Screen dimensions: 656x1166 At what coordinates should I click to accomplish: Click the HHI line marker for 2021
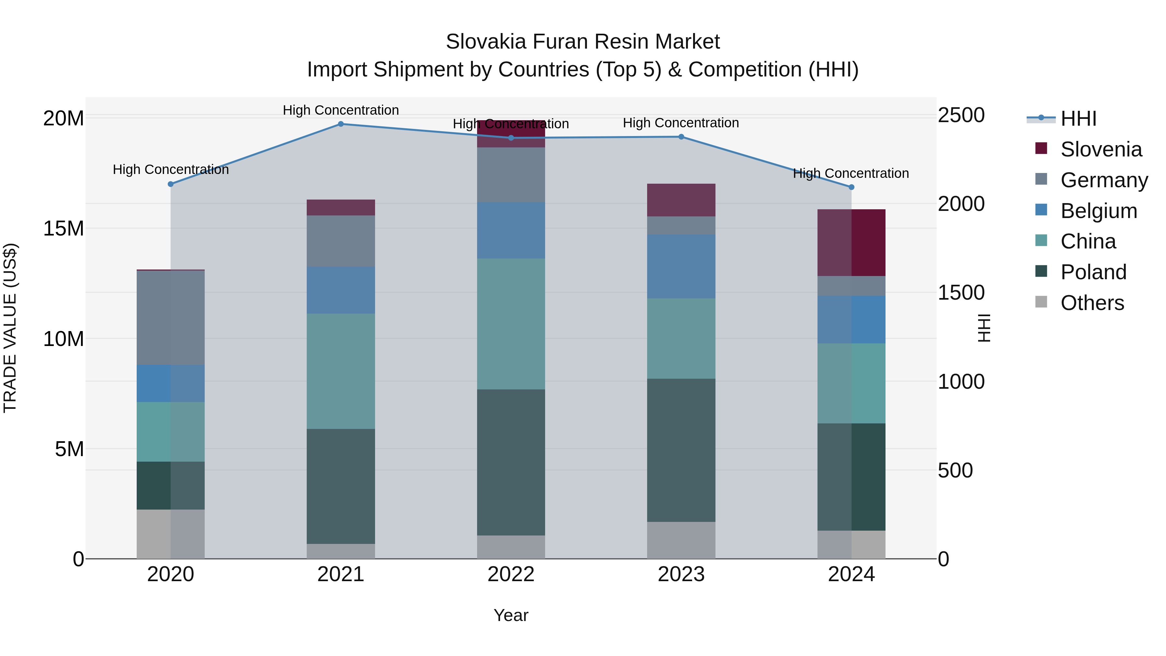pos(341,124)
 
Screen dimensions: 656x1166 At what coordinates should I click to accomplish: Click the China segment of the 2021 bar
pos(341,371)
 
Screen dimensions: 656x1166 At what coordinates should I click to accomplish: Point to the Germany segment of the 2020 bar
pos(171,317)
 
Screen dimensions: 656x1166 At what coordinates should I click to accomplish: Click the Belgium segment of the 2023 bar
pos(681,266)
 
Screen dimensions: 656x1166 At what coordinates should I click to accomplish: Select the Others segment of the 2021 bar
pos(341,551)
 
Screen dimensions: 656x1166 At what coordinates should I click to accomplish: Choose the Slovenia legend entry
pos(1101,149)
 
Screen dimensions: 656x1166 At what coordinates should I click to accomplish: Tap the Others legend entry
pos(1092,303)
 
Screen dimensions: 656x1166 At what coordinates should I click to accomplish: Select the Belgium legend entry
pos(1099,211)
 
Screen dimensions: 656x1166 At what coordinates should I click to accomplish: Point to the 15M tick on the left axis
pos(63,229)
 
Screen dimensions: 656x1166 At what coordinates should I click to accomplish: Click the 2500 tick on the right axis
pos(961,115)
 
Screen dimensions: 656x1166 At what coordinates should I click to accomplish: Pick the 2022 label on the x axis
pos(511,574)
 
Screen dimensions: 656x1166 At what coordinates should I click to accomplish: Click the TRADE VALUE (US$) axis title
pos(10,328)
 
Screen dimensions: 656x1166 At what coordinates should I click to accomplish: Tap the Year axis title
pos(511,615)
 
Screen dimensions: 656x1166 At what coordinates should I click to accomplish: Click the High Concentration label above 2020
pos(171,169)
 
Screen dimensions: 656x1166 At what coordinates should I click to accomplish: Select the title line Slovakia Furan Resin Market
pos(583,42)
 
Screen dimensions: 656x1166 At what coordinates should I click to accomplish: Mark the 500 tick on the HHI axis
pos(955,470)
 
